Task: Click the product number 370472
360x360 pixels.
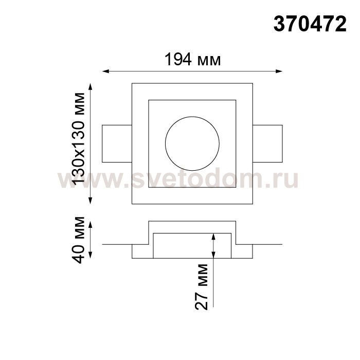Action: click(310, 24)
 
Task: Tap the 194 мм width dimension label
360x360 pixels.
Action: click(193, 60)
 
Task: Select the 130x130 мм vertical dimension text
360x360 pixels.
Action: click(79, 139)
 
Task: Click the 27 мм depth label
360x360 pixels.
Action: click(202, 287)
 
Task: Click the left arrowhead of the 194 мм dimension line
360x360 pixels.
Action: click(105, 71)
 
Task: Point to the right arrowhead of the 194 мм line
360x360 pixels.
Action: click(279, 71)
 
